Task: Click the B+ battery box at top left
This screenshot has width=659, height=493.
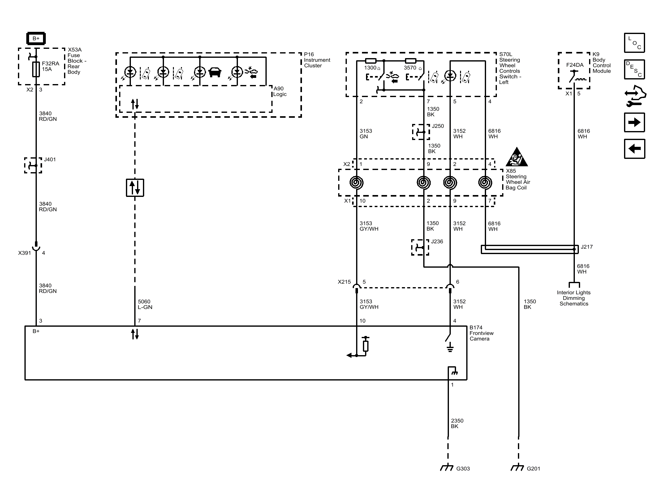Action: [x=36, y=39]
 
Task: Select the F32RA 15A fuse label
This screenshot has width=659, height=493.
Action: [x=50, y=66]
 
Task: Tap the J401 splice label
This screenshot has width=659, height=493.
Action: [x=50, y=159]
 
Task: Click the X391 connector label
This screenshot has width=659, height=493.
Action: [x=25, y=253]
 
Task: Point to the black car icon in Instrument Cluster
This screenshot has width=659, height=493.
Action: [x=215, y=73]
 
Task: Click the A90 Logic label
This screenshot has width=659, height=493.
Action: [x=279, y=91]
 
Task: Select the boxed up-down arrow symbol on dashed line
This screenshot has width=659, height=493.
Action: [x=135, y=188]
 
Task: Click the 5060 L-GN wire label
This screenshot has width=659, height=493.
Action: [x=145, y=304]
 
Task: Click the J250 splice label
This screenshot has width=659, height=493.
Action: [x=438, y=126]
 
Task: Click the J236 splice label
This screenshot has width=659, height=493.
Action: [x=437, y=241]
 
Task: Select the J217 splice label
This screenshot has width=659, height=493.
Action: [x=587, y=247]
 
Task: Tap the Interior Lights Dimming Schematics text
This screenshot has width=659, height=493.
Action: [x=574, y=298]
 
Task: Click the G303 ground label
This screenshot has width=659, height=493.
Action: [x=463, y=469]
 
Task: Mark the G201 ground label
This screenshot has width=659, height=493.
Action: [x=533, y=469]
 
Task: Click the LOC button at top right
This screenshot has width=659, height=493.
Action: [x=634, y=43]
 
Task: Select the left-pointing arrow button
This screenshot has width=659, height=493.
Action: [x=634, y=149]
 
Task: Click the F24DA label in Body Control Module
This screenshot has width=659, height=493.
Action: [x=575, y=65]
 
